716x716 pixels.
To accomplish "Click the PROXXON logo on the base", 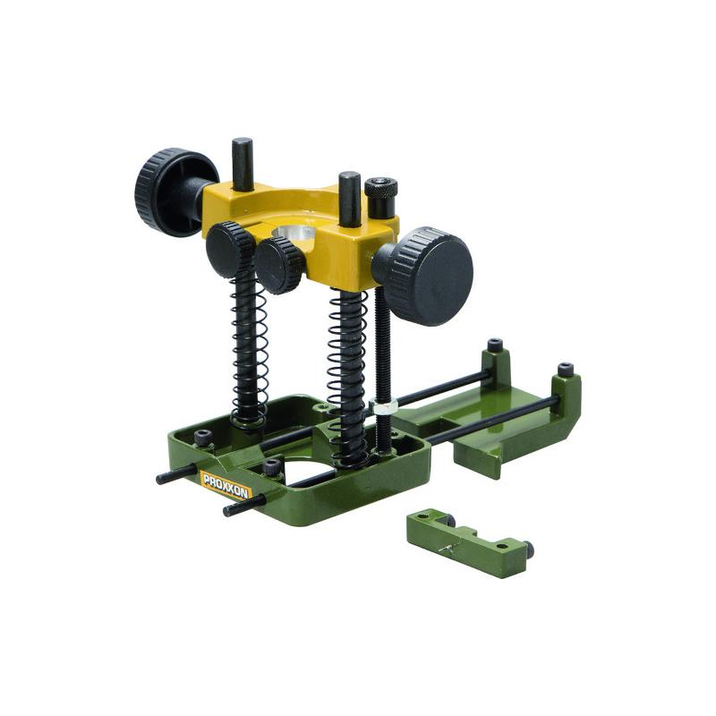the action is pos(226,485).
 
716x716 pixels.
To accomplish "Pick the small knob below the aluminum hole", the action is pos(279,266).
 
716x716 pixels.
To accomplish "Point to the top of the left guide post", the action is pos(243,142).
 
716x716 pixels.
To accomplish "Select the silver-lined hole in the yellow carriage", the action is pos(294,233).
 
